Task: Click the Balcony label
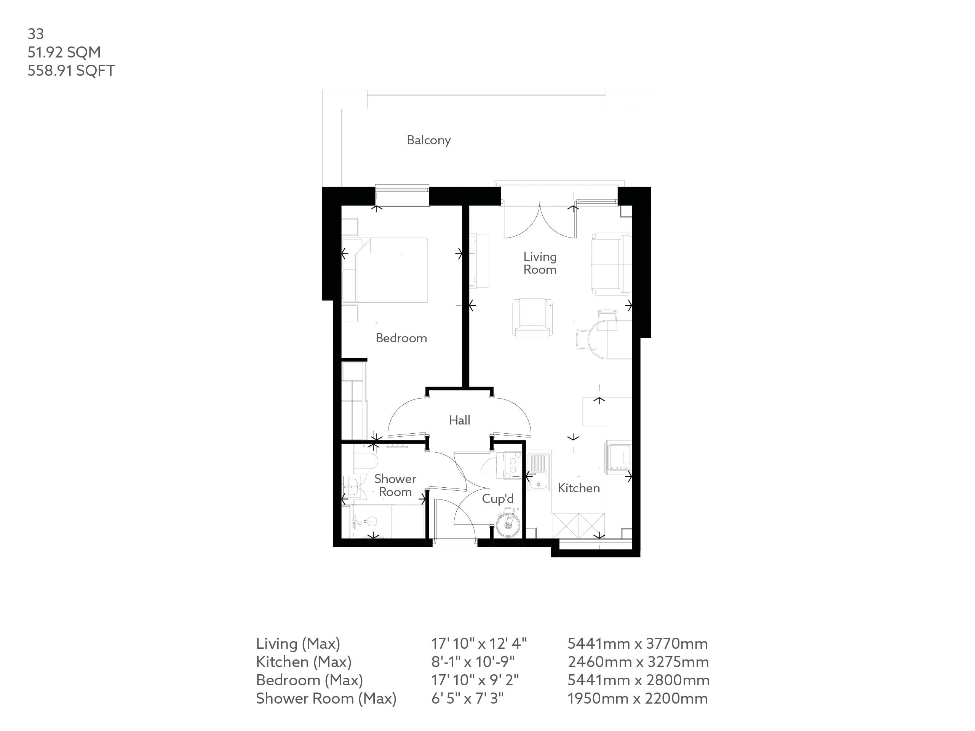[428, 140]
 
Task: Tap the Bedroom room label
[401, 338]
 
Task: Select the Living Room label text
[540, 263]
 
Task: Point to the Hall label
[459, 420]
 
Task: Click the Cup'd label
[498, 499]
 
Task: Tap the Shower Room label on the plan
[395, 485]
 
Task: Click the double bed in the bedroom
[392, 270]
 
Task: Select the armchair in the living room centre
[532, 318]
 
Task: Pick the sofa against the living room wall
[610, 264]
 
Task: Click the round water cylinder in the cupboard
[508, 525]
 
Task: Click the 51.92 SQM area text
[64, 53]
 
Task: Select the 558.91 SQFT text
[71, 70]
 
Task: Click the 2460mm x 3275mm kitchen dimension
[638, 662]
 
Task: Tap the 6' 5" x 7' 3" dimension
[467, 698]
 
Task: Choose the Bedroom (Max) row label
[309, 680]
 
